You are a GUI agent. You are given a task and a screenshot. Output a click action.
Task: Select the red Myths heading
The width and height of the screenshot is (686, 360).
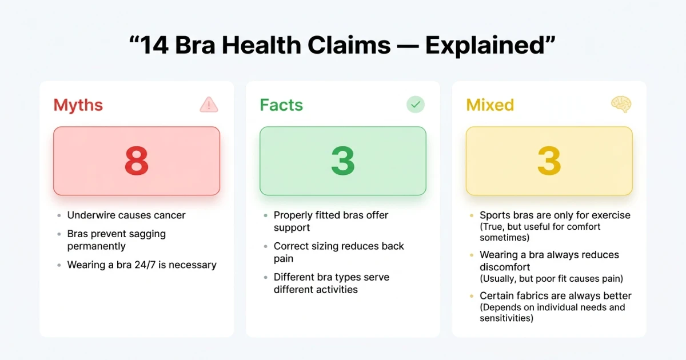[78, 105]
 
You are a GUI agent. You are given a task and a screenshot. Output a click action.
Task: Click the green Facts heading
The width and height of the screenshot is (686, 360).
[281, 105]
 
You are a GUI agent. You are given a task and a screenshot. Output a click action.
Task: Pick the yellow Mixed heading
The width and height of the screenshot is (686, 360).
[490, 105]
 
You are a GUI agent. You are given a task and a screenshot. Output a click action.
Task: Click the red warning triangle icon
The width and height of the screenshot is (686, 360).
[209, 105]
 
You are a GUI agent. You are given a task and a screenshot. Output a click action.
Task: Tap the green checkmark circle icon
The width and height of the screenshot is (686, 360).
[416, 105]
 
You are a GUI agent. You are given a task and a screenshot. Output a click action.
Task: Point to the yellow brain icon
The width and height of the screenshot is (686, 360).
[621, 105]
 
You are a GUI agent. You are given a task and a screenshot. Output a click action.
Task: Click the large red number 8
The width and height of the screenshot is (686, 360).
[137, 162]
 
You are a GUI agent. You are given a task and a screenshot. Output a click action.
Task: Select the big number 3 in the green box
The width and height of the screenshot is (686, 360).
[343, 162]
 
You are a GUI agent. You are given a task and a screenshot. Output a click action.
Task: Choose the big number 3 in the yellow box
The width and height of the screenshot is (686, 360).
[549, 162]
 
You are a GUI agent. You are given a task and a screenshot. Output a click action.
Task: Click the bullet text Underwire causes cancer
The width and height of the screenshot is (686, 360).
[126, 215]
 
